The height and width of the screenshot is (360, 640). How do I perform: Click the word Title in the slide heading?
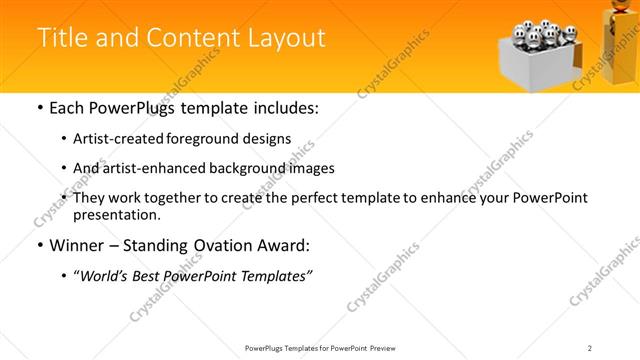point(63,38)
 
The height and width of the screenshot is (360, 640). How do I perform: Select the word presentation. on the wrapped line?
point(116,214)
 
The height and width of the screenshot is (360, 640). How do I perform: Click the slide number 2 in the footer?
point(590,348)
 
